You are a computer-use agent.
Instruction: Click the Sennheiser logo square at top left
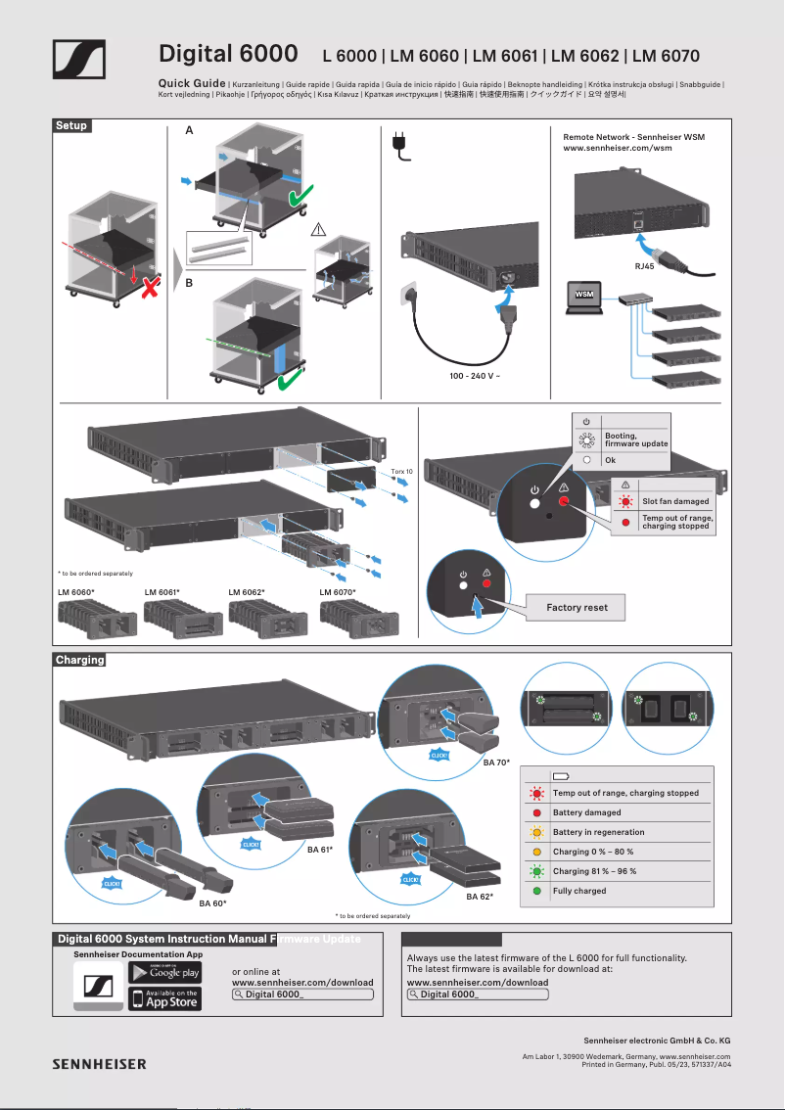click(x=78, y=60)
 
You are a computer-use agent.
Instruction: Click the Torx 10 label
click(x=402, y=472)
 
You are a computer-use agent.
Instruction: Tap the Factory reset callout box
click(x=577, y=608)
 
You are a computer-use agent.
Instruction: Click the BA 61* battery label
click(x=320, y=851)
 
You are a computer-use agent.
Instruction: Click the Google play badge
click(x=165, y=972)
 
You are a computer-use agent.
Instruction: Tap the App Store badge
click(x=165, y=998)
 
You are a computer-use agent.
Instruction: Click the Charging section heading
click(x=79, y=660)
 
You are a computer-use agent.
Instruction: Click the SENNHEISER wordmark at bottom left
click(x=99, y=1064)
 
